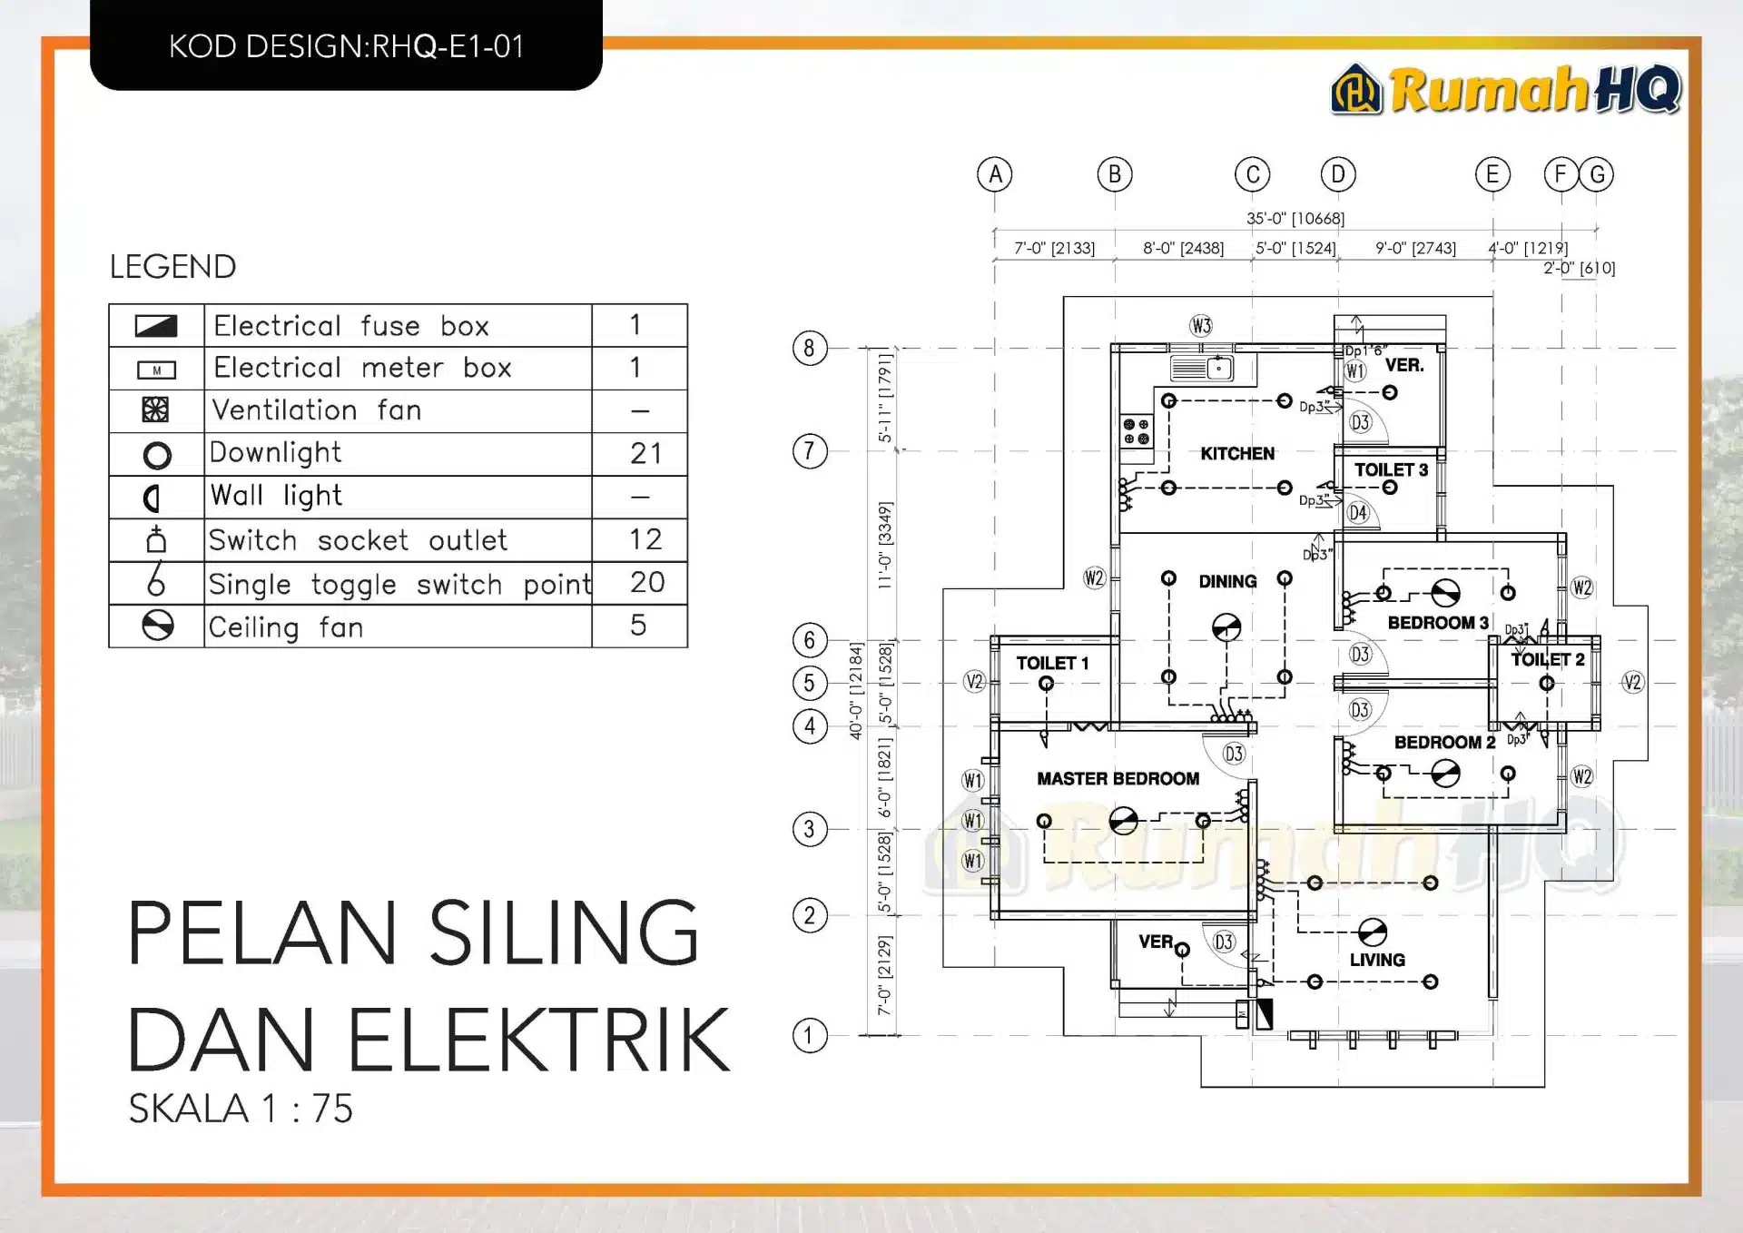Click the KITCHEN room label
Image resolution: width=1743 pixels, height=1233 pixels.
point(1236,453)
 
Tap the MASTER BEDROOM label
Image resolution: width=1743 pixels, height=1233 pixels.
point(1118,778)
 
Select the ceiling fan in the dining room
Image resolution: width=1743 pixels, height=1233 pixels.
point(1226,626)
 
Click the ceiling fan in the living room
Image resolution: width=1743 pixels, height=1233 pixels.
point(1372,932)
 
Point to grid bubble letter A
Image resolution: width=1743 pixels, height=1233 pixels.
point(995,174)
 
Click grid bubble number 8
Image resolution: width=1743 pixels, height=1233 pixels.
point(809,348)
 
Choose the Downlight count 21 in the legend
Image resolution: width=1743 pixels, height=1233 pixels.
point(645,453)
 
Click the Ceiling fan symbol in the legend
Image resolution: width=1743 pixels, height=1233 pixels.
point(157,626)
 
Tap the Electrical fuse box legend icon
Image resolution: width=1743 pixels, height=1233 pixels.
point(156,326)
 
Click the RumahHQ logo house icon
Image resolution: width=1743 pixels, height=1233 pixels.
point(1356,89)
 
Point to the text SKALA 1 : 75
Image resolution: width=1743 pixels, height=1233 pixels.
point(241,1109)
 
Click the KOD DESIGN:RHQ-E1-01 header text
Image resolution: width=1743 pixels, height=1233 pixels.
point(347,46)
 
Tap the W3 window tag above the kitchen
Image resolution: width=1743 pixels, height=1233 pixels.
point(1201,326)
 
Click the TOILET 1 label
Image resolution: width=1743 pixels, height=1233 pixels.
point(1051,663)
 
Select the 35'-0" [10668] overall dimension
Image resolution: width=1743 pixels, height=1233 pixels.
point(1295,218)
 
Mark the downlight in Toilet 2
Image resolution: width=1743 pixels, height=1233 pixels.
point(1546,684)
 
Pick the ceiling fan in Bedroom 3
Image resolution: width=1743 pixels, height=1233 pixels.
point(1445,593)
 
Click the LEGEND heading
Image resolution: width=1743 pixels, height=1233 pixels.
point(172,267)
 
